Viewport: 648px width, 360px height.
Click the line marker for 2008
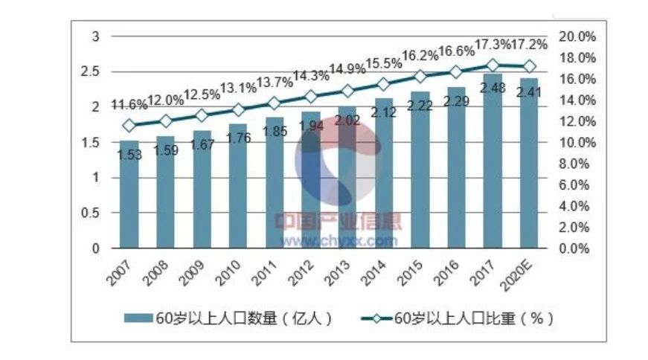(x=165, y=120)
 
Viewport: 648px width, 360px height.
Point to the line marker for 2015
(x=420, y=76)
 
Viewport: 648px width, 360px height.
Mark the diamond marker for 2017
(x=493, y=65)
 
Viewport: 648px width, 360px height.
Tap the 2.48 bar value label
(x=493, y=87)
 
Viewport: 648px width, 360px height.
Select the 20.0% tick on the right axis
(x=577, y=36)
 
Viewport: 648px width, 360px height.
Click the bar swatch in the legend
(x=138, y=318)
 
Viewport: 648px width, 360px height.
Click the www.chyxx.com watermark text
(x=339, y=240)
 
